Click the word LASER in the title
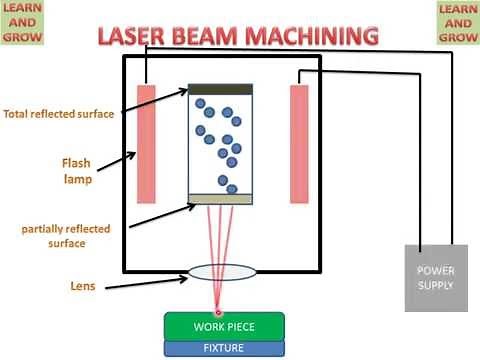132,37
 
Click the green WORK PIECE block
224,327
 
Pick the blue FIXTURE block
224,348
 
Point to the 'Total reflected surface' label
58,114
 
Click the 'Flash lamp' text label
48,170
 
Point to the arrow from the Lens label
140,280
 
